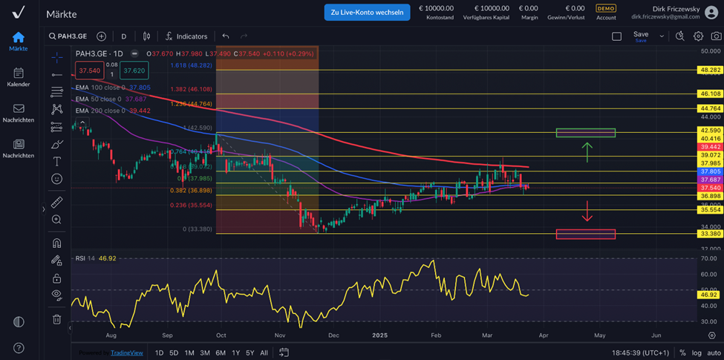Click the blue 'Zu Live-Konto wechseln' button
(367, 12)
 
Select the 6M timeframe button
(221, 353)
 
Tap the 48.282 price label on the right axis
(710, 70)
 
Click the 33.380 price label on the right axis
(710, 234)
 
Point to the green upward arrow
(587, 151)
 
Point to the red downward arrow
(587, 212)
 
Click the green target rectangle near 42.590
(586, 133)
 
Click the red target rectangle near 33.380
(586, 234)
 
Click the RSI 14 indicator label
(85, 258)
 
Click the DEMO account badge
(606, 8)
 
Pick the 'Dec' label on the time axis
(333, 336)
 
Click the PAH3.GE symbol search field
(69, 36)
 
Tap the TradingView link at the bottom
(126, 353)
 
